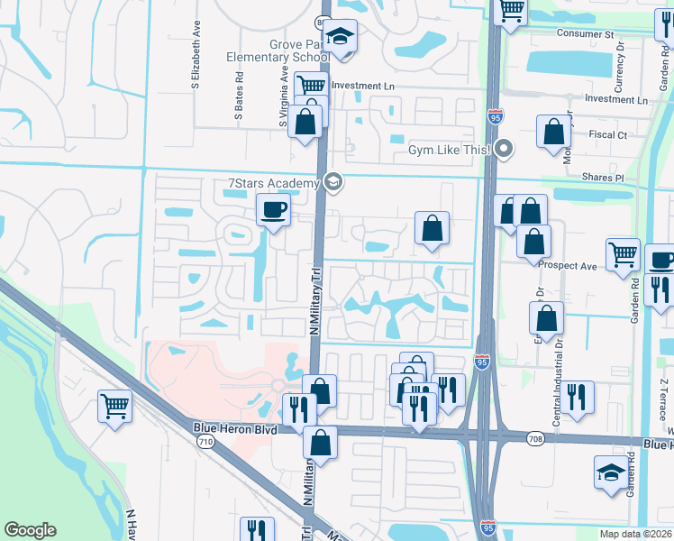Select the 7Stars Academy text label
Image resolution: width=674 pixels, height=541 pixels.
273,184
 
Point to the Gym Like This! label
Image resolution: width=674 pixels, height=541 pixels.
449,150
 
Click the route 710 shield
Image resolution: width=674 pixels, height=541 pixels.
206,442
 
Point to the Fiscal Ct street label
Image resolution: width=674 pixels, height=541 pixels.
609,135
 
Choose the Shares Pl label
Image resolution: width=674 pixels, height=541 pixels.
603,178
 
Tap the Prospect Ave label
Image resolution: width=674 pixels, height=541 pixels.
568,266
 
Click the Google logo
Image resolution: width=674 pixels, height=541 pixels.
30,530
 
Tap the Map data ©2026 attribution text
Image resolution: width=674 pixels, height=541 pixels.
636,534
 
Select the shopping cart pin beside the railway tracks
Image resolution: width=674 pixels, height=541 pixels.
115,406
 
